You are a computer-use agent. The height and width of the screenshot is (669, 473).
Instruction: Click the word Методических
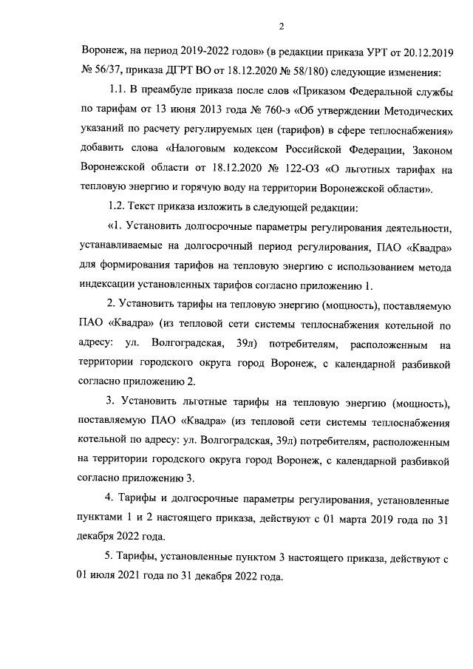[x=409, y=112]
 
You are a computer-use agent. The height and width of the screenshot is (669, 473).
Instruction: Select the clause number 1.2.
[x=120, y=208]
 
